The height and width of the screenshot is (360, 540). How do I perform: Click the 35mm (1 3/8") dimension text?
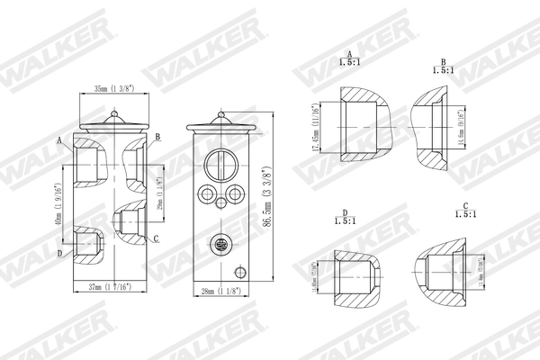click(114, 88)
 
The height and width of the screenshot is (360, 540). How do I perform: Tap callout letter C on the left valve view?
click(157, 238)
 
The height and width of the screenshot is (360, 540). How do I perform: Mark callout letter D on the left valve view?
click(59, 254)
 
